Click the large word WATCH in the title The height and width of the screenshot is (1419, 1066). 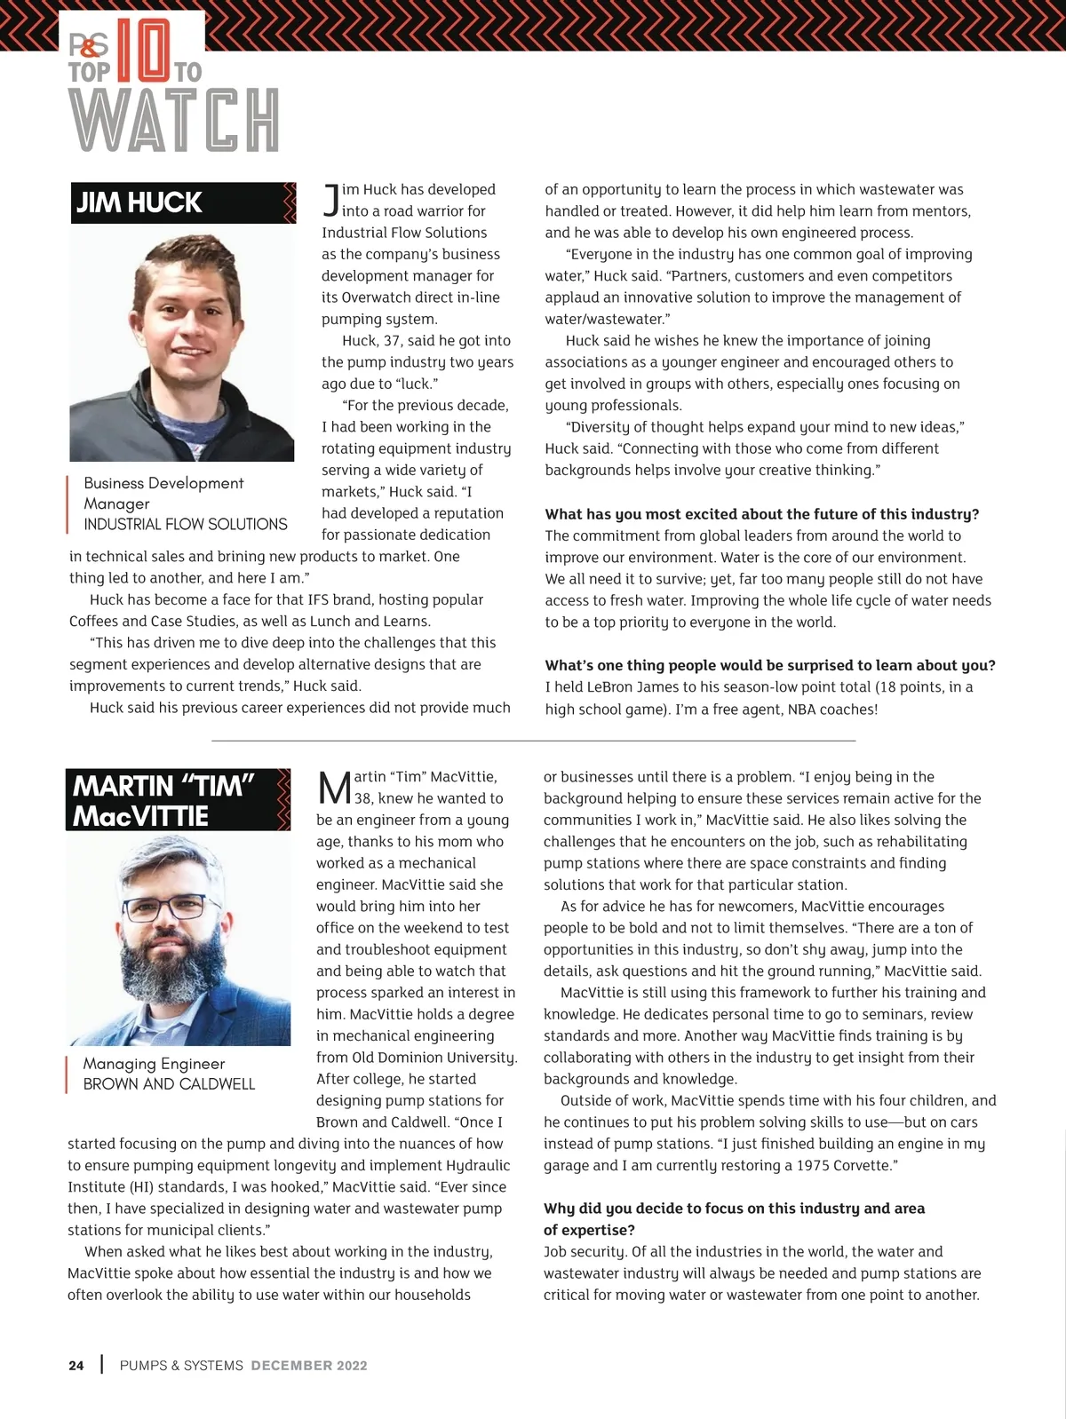tap(174, 120)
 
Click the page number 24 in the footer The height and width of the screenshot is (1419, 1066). tap(76, 1366)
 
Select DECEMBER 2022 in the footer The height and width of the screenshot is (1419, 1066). tap(309, 1366)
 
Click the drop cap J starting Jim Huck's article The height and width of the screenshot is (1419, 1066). tap(330, 201)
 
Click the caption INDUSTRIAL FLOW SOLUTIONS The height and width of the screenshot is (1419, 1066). tap(186, 524)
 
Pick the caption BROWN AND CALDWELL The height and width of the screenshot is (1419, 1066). tap(169, 1084)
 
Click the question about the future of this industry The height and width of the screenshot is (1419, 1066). tap(761, 514)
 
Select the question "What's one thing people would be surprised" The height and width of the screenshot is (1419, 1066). tap(769, 665)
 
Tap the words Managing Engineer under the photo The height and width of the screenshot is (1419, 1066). tap(154, 1064)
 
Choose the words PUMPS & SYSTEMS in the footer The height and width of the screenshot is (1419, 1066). tap(181, 1366)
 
